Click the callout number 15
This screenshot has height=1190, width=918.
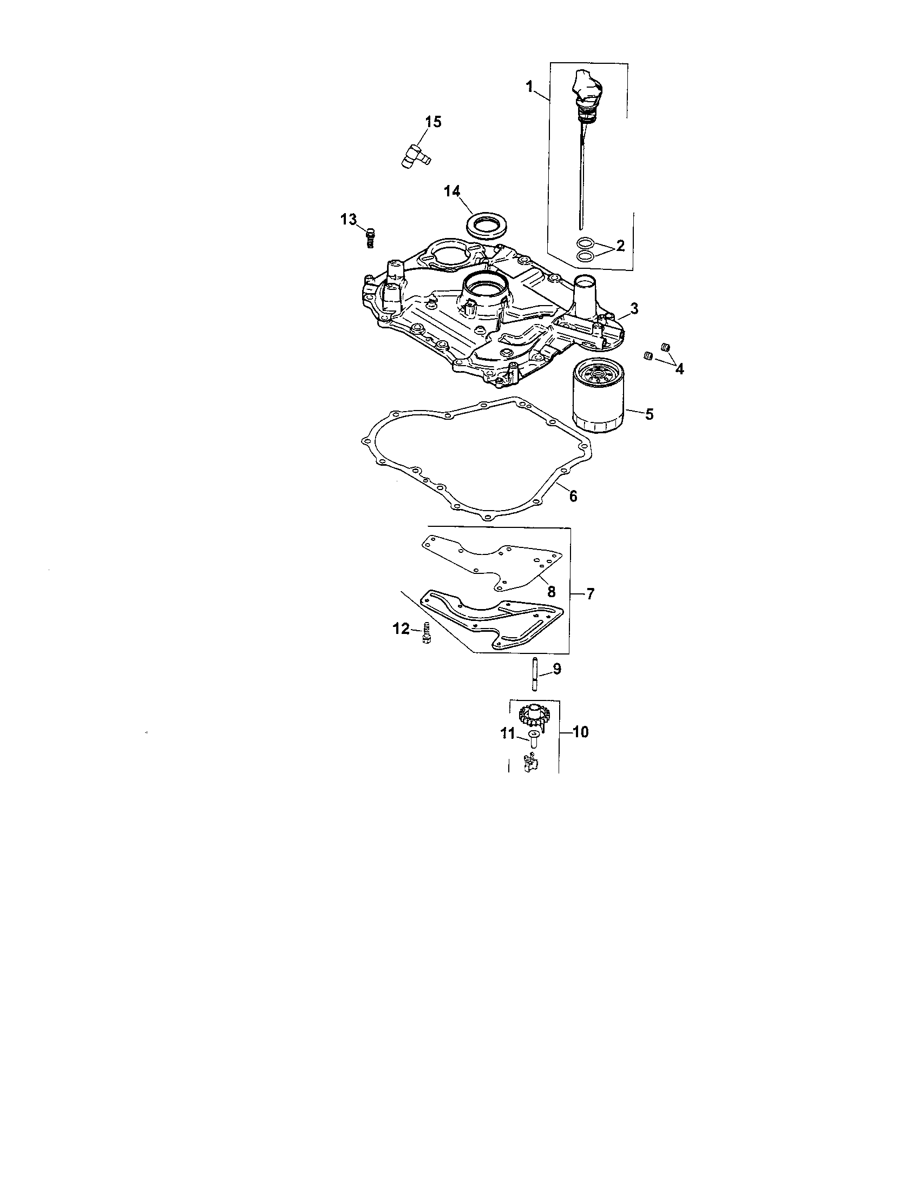tap(434, 122)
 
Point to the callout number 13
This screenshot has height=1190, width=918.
tap(349, 220)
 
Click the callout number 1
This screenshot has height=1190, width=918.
tap(529, 87)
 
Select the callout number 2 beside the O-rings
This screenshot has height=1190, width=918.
tap(620, 246)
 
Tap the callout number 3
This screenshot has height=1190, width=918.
tap(634, 308)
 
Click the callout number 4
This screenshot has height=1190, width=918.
tap(679, 369)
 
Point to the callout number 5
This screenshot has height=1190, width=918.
tap(648, 414)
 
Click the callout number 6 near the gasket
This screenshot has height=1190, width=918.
tap(573, 496)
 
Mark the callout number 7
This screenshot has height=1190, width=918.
tap(591, 593)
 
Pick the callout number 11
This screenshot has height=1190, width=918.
tap(508, 735)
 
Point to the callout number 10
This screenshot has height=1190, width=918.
tap(581, 732)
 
